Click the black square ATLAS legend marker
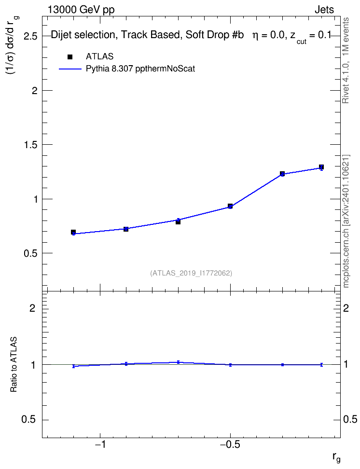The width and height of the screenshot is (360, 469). [70, 57]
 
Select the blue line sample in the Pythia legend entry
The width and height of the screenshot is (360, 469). [70, 69]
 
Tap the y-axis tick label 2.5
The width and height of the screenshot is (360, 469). [30, 36]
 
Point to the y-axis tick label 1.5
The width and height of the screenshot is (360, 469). [30, 145]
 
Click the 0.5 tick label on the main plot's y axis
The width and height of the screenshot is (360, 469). [30, 253]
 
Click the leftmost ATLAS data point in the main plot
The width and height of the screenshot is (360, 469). [73, 232]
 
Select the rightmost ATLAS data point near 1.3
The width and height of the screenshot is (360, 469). [321, 167]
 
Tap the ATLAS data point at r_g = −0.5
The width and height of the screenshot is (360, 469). [230, 206]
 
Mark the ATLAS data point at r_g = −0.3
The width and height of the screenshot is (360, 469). [282, 174]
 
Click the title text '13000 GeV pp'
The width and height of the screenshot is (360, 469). [81, 10]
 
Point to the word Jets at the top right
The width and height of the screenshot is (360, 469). [324, 10]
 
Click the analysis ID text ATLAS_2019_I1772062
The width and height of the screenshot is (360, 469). [191, 273]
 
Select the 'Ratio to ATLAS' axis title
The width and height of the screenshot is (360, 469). [14, 364]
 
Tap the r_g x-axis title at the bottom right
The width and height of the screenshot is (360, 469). [336, 458]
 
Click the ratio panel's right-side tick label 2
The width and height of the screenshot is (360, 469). [346, 308]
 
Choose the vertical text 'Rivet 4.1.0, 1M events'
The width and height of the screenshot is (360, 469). [346, 60]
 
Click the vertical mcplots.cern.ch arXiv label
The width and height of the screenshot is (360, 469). [346, 221]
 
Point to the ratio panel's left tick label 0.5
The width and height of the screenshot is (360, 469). [29, 420]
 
